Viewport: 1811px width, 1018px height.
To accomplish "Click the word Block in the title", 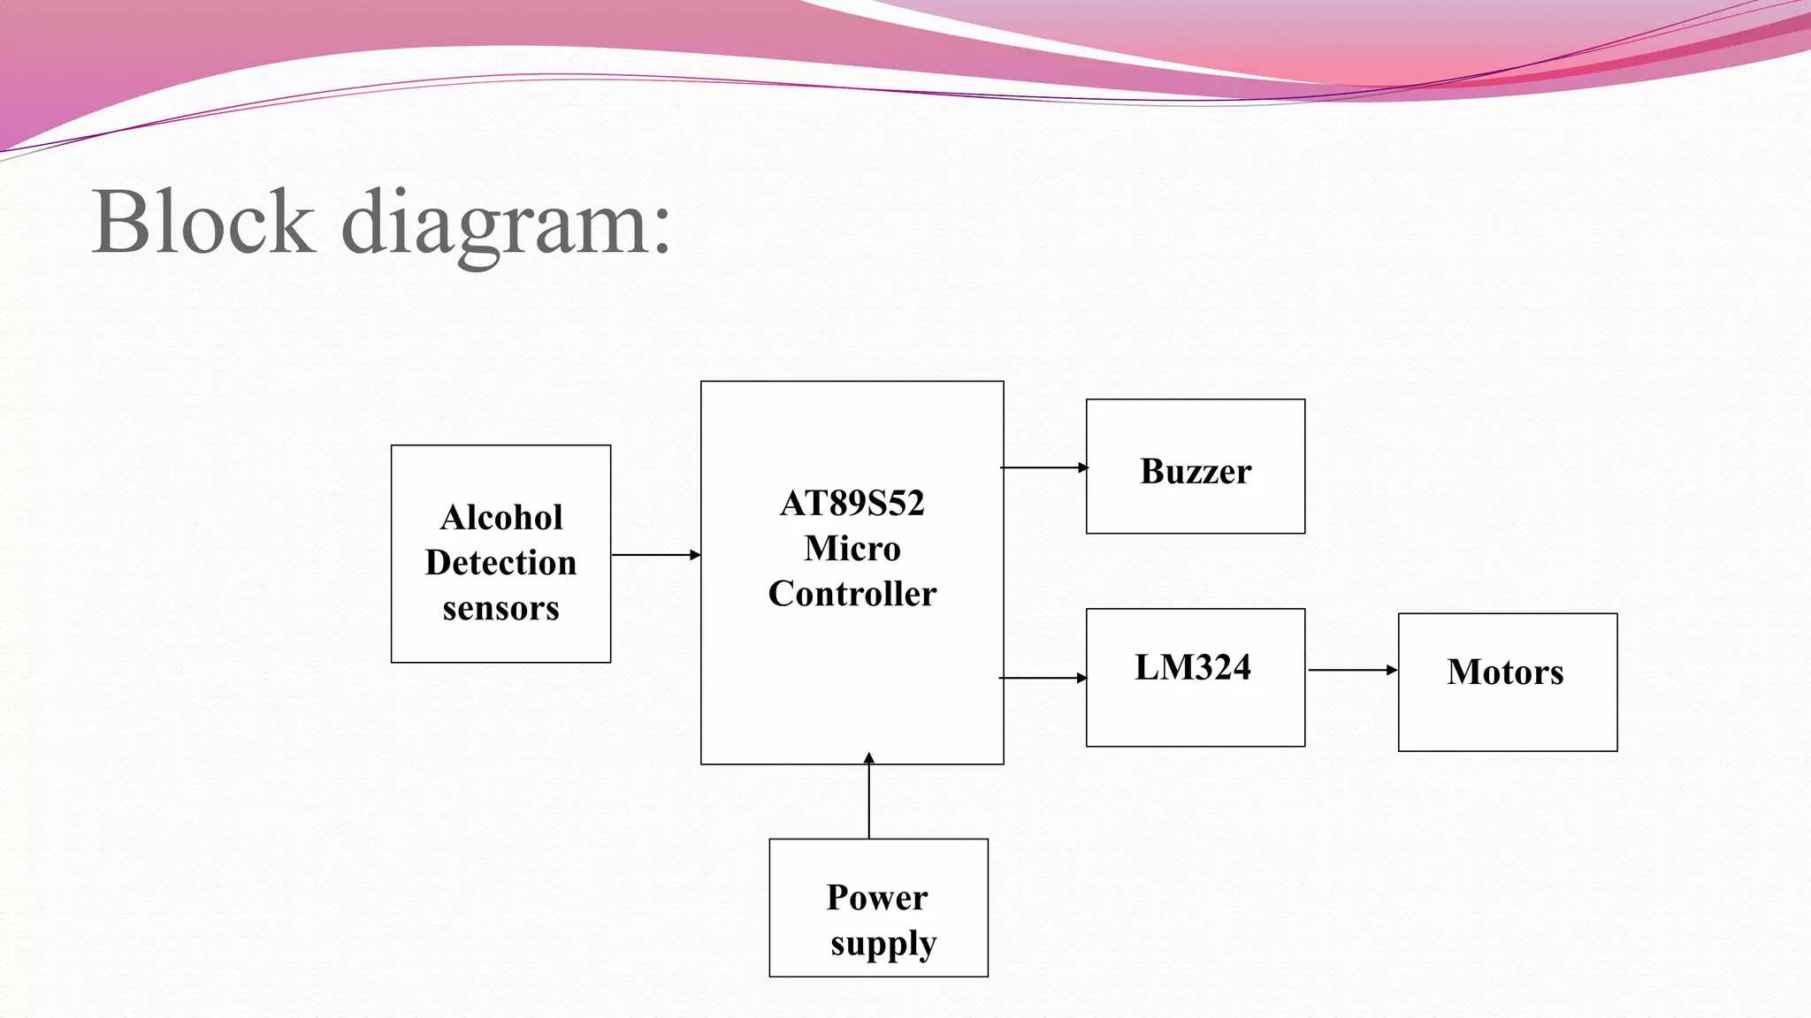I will click(x=202, y=222).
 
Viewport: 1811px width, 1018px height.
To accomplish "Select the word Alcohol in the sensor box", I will click(x=501, y=518).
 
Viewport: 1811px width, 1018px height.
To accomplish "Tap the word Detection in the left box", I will click(x=501, y=563).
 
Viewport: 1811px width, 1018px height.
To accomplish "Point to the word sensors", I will click(x=501, y=609).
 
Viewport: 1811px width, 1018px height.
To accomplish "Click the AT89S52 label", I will click(x=852, y=504).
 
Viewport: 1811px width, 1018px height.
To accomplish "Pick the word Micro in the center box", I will click(x=852, y=549).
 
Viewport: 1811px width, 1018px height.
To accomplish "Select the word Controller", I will click(x=852, y=594).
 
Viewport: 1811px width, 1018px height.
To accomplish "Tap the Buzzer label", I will click(x=1196, y=471).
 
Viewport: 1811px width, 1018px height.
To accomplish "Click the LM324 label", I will click(x=1193, y=667).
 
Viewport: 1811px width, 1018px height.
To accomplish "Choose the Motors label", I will click(x=1505, y=672).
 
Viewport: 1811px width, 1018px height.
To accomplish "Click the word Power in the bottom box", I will click(x=877, y=898).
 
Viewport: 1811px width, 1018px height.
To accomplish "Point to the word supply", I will click(x=883, y=944).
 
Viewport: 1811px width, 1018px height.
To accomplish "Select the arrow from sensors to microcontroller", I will click(x=655, y=555).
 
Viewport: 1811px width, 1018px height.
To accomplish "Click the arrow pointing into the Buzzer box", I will click(x=1043, y=467).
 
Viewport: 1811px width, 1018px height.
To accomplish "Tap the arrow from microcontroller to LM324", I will click(x=1043, y=678).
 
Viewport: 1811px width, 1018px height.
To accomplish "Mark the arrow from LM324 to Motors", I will click(x=1351, y=670).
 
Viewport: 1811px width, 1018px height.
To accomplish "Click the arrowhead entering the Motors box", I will click(x=1392, y=670).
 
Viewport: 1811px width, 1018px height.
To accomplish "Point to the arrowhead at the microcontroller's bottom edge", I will click(x=869, y=758).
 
